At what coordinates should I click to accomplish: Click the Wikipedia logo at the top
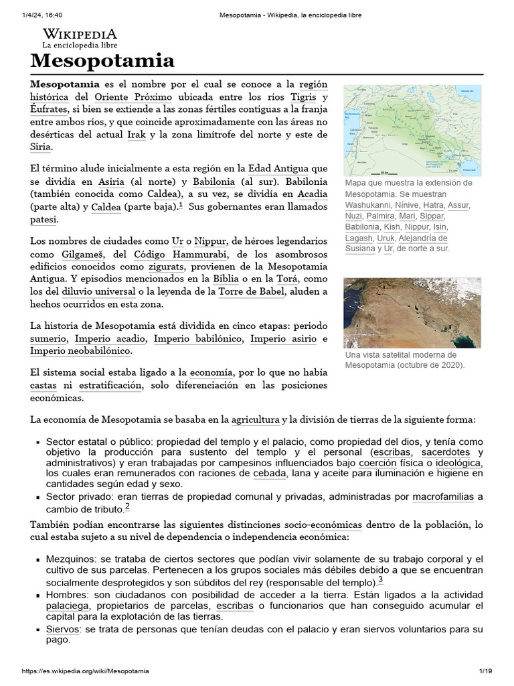click(80, 38)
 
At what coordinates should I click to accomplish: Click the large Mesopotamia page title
click(102, 62)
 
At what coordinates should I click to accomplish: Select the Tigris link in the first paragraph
click(315, 97)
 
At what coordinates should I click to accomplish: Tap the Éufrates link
click(48, 110)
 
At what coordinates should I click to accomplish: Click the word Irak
click(136, 135)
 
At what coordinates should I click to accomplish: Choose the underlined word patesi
click(44, 219)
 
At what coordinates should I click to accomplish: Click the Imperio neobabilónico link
click(80, 351)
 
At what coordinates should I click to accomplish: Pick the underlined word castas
click(44, 386)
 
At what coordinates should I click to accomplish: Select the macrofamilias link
click(443, 497)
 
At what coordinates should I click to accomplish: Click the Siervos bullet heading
click(62, 630)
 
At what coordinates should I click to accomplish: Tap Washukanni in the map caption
click(374, 204)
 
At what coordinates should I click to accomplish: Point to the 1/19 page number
click(485, 671)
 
